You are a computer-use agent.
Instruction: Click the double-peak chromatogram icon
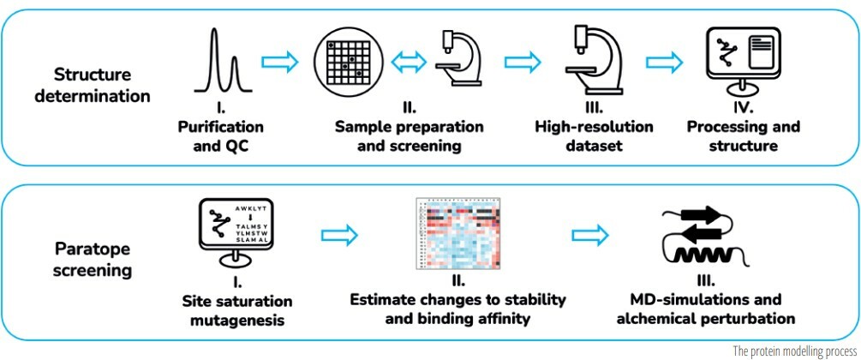click(x=220, y=61)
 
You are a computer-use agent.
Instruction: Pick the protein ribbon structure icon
click(x=699, y=235)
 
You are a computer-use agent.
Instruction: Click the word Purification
click(x=220, y=127)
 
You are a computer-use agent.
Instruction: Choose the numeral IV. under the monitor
click(x=743, y=109)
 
